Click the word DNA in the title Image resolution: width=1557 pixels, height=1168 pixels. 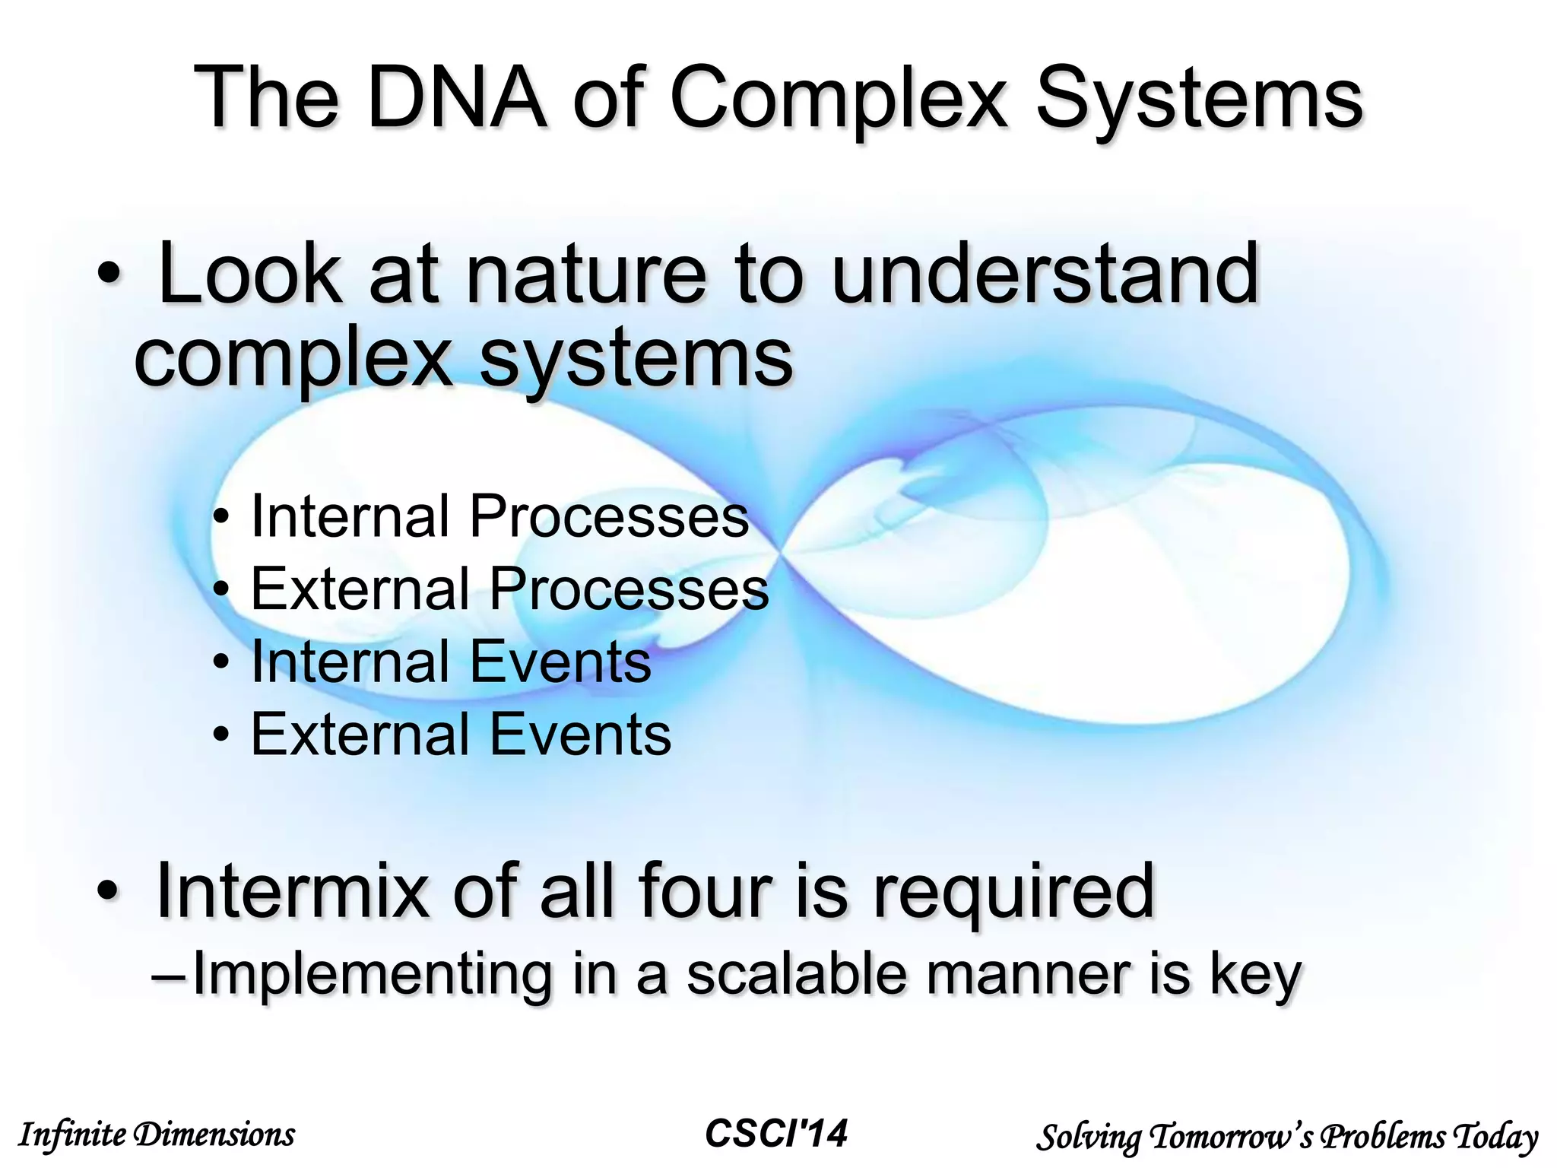(456, 99)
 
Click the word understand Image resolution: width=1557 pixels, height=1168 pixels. (1045, 274)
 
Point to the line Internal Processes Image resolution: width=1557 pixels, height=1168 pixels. (499, 516)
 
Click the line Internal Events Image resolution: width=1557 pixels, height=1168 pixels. (450, 662)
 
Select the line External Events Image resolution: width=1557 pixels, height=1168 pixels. (461, 735)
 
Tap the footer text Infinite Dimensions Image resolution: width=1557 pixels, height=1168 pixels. (156, 1135)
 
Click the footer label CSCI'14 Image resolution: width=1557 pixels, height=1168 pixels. (775, 1134)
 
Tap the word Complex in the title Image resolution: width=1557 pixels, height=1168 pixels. (840, 99)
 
